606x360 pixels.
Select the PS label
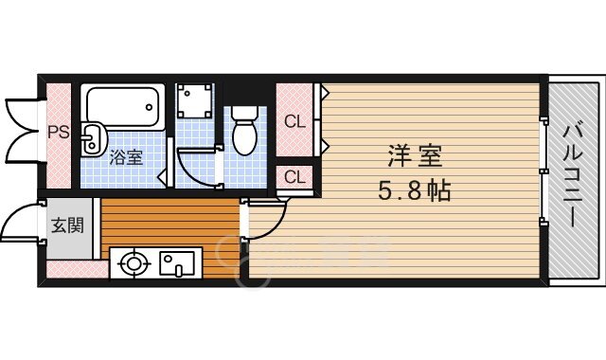pyautogui.click(x=59, y=133)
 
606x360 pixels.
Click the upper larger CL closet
pyautogui.click(x=295, y=120)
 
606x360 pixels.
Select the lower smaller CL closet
pyautogui.click(x=294, y=177)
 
